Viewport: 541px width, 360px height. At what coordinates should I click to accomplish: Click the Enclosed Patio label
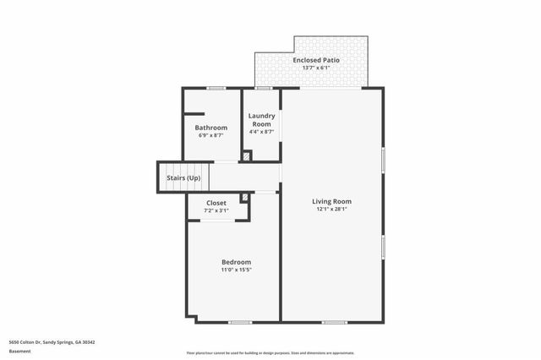[311, 60]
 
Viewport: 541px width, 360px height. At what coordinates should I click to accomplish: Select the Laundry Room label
[261, 119]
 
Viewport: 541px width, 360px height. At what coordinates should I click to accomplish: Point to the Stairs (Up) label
[183, 178]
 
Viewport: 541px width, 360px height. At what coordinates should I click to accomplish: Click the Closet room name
[216, 203]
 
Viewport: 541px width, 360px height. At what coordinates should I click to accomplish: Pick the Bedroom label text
[237, 262]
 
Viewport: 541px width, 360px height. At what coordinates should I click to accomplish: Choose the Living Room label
[331, 201]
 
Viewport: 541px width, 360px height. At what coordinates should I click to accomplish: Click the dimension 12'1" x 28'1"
[331, 209]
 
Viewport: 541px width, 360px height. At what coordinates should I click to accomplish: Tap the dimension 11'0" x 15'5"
[237, 270]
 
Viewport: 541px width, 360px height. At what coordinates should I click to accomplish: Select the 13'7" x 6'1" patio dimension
[311, 68]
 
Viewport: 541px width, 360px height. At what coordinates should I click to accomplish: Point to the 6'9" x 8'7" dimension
[211, 135]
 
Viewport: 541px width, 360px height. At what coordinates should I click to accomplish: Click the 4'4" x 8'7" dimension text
[261, 131]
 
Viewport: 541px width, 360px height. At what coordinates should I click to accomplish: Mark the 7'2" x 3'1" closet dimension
[216, 210]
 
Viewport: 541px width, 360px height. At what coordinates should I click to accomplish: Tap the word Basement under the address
[19, 351]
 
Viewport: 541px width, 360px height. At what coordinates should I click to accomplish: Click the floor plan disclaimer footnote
[270, 353]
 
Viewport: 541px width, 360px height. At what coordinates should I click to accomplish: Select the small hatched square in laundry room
[246, 155]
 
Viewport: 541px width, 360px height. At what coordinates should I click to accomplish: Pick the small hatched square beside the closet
[244, 198]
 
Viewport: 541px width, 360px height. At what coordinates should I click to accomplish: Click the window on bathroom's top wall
[216, 88]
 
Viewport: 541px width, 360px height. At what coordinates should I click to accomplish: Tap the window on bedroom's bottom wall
[241, 322]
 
